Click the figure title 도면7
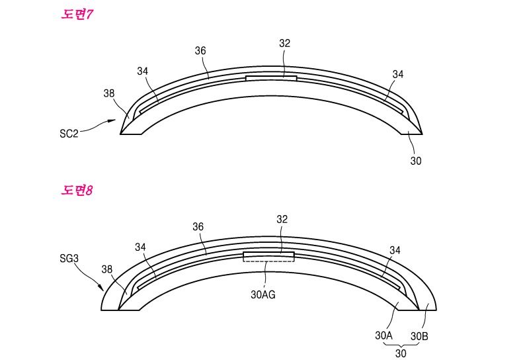(x=77, y=15)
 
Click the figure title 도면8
(x=77, y=191)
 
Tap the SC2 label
(x=69, y=134)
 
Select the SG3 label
(x=69, y=258)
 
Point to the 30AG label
(x=263, y=294)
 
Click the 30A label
(x=384, y=336)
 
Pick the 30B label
(x=419, y=336)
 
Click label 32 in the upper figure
(x=284, y=43)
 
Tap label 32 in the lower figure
(x=282, y=219)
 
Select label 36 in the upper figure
(x=200, y=50)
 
